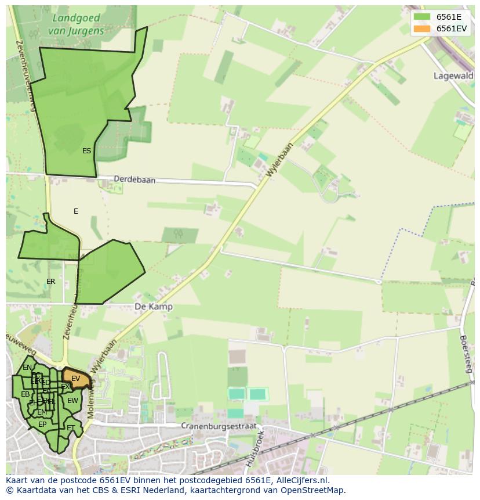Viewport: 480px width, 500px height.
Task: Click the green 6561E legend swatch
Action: tap(422, 17)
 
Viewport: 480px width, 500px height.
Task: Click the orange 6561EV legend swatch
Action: tap(422, 28)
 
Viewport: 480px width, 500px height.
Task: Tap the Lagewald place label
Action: tap(453, 75)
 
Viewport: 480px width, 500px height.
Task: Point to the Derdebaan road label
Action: tap(134, 180)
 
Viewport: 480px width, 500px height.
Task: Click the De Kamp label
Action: tap(154, 307)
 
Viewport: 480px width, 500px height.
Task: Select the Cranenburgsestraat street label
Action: tap(218, 426)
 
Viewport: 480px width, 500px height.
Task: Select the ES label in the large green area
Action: tap(86, 151)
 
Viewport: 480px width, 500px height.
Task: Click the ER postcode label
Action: tap(51, 282)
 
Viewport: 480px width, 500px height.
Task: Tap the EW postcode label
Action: tap(72, 401)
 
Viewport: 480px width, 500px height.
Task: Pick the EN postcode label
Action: tap(27, 368)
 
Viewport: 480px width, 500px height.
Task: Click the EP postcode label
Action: tap(42, 425)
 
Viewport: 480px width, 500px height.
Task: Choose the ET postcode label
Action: tap(71, 428)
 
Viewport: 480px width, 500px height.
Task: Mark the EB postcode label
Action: tap(25, 394)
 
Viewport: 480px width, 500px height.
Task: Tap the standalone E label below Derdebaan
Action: tap(75, 211)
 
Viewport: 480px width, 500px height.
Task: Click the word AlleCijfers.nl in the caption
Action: tap(301, 480)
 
